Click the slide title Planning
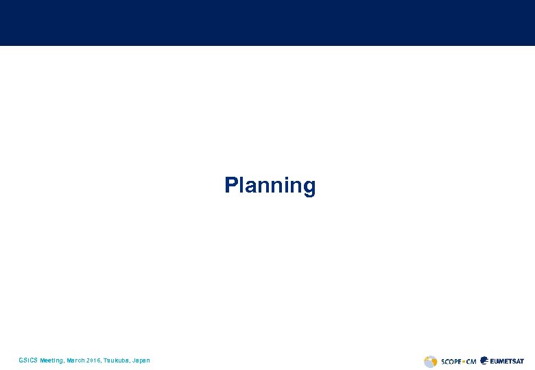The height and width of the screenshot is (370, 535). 270,186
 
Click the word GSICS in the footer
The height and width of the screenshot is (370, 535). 28,360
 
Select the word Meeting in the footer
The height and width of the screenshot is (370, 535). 52,360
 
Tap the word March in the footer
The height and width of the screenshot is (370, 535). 76,360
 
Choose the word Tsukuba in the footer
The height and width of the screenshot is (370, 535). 117,360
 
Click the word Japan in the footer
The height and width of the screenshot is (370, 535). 141,360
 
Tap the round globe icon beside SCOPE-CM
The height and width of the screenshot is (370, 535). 430,361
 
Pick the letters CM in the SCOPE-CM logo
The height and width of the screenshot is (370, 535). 471,361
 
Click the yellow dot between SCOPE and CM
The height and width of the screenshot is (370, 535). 463,361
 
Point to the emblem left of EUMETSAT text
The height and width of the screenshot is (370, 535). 485,360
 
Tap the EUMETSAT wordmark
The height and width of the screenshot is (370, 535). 508,361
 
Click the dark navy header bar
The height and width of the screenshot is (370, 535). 267,23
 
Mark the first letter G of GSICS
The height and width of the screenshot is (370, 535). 21,360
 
